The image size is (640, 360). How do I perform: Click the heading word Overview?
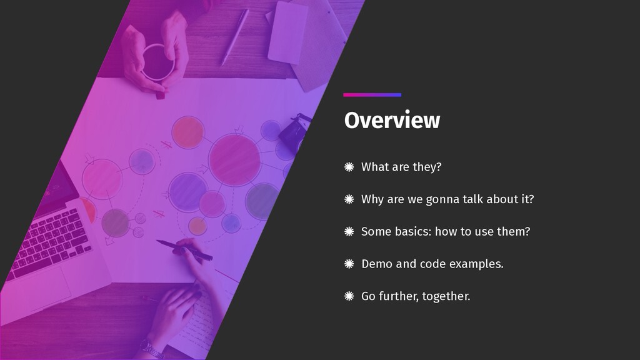tap(392, 121)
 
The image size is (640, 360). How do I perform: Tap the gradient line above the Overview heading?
tap(372, 95)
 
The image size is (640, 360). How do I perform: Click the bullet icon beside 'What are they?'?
tap(349, 166)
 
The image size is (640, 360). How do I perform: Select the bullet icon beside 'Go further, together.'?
tap(349, 296)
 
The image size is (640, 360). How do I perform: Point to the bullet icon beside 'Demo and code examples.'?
tap(349, 264)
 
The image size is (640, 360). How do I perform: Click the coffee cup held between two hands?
tap(157, 62)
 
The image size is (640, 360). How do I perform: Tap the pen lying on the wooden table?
tap(235, 37)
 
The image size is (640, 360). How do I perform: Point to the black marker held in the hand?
tap(184, 249)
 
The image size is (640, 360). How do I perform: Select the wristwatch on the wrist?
tap(151, 349)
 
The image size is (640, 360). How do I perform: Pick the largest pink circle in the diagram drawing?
tap(234, 160)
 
